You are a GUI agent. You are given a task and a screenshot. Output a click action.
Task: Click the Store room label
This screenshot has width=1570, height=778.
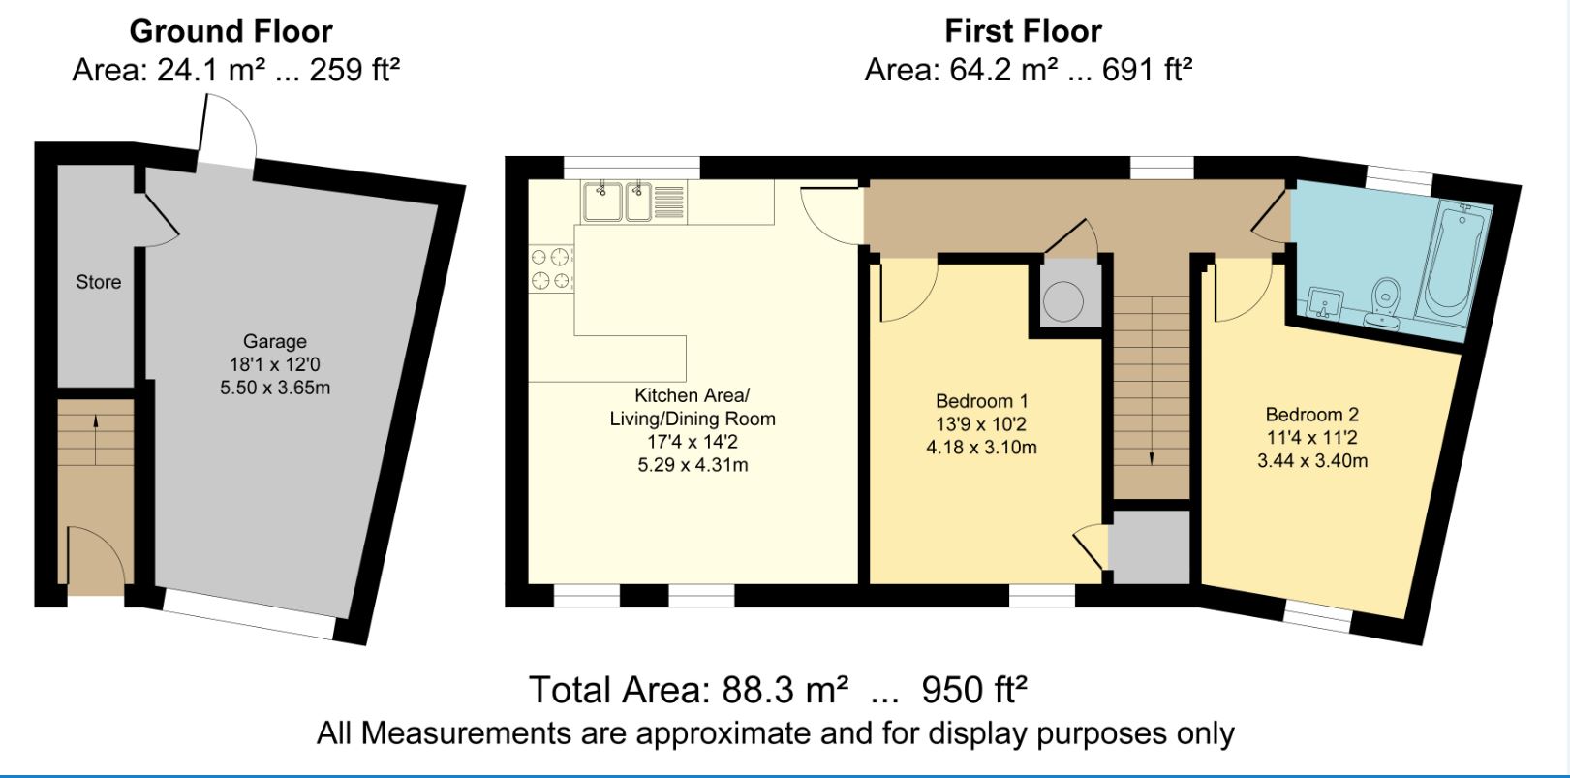99,282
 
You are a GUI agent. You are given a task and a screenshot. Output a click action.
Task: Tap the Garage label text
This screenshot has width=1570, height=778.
275,341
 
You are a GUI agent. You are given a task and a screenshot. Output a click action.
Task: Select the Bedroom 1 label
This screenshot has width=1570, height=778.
981,401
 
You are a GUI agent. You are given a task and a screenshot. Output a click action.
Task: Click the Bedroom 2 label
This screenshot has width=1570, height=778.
1311,415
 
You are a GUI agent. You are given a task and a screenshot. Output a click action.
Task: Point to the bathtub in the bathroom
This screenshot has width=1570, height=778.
1456,259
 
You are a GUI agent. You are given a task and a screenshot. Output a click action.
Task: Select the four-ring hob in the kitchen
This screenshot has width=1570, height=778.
549,268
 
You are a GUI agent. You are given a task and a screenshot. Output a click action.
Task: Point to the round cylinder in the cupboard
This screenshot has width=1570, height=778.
1064,301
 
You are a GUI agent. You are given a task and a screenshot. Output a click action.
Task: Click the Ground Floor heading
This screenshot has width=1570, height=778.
231,31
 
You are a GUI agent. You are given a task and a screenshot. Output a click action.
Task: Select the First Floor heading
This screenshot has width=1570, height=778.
1023,31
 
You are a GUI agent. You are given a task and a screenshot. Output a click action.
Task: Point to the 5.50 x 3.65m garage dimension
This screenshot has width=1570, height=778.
275,388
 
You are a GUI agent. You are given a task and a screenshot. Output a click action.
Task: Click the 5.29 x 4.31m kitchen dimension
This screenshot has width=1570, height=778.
692,465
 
